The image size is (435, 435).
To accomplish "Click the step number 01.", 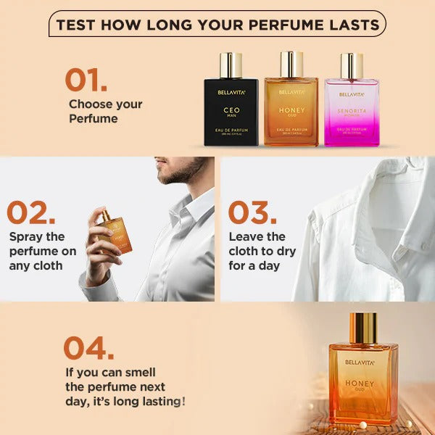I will tap(86, 80).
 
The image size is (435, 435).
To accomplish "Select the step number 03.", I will tap(252, 212).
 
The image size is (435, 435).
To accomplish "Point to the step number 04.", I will tap(88, 348).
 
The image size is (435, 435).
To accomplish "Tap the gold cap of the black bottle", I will tap(231, 65).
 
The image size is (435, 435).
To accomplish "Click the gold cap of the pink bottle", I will tap(352, 65).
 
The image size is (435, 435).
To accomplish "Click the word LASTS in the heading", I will tap(352, 25).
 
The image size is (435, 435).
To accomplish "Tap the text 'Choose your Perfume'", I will tap(106, 111).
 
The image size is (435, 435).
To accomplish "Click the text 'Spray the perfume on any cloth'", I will tap(42, 251).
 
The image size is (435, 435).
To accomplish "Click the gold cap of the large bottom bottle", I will tap(362, 328).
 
